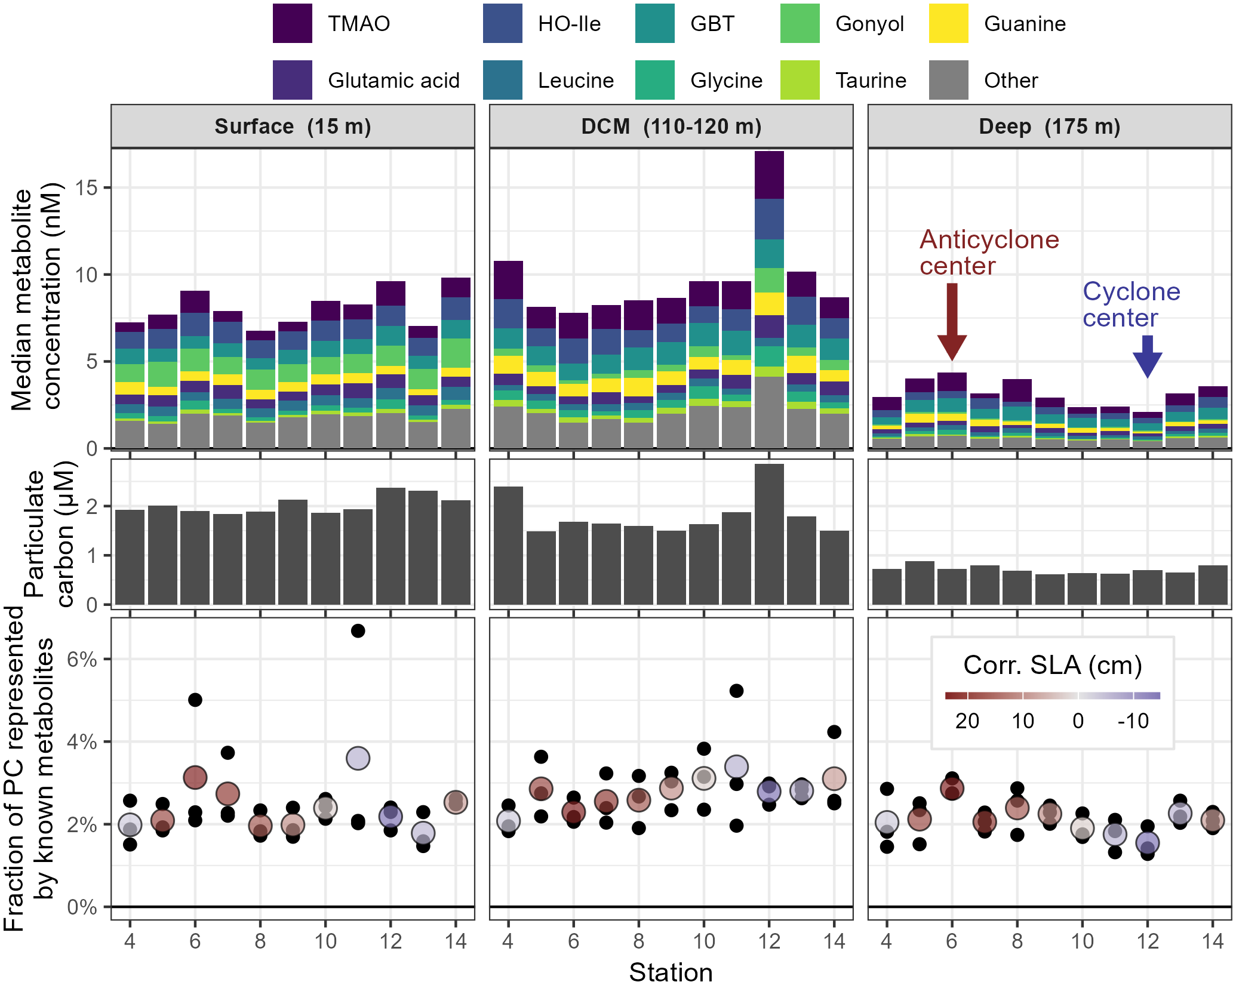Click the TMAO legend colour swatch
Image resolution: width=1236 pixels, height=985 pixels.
tap(292, 24)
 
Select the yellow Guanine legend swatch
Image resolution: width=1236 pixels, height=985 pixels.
tap(948, 24)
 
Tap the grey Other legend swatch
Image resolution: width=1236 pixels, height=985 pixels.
tap(948, 80)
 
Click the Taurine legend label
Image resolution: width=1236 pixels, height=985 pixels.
tap(871, 80)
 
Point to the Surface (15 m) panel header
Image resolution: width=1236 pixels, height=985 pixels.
tap(293, 127)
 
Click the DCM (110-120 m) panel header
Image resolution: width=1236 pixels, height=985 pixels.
tap(671, 127)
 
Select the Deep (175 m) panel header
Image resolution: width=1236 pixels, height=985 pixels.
tap(1049, 127)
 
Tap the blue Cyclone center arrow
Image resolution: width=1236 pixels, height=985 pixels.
tap(1147, 356)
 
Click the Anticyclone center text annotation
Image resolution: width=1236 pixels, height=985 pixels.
tap(989, 253)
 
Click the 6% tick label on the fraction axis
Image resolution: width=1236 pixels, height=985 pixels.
tap(82, 659)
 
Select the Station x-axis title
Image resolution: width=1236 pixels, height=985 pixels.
tap(671, 972)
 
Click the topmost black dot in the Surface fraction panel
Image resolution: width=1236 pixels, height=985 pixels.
tap(358, 631)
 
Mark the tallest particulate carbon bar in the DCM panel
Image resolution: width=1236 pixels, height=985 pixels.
tap(769, 534)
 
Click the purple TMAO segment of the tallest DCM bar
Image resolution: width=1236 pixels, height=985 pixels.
tap(769, 175)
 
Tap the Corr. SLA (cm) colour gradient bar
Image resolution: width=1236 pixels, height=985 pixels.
tap(1052, 695)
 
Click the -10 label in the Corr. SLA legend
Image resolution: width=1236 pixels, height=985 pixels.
tap(1133, 721)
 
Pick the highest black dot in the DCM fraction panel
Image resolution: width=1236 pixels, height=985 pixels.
tap(736, 691)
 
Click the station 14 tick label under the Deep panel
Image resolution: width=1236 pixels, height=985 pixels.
tap(1212, 941)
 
